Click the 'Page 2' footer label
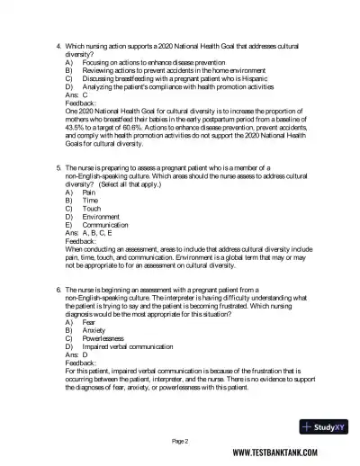coord(180,442)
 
